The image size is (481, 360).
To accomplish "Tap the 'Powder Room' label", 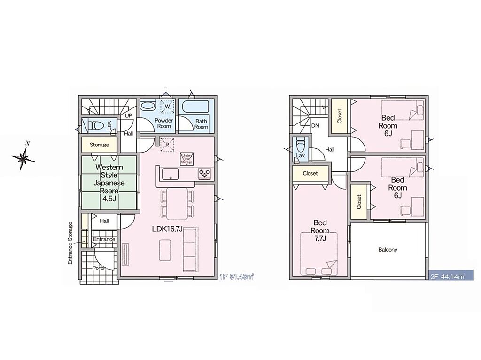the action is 164,123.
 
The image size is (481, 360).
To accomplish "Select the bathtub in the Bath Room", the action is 195,107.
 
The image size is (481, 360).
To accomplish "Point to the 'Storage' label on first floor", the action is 100,145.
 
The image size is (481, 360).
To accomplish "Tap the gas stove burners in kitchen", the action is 204,174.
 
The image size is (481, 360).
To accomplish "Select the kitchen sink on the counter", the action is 169,174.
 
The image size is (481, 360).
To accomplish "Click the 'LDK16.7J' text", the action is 168,229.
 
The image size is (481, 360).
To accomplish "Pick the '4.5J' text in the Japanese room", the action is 109,199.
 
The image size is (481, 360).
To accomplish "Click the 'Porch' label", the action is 100,268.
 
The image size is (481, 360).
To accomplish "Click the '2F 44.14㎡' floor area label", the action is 448,276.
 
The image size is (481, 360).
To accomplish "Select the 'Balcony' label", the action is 388,250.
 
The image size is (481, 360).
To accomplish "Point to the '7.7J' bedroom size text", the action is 320,238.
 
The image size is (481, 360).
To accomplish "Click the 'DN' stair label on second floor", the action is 315,126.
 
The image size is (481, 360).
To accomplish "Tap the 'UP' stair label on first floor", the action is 129,116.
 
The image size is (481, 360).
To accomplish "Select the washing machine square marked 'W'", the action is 168,106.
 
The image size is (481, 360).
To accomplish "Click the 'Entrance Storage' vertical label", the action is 70,243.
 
